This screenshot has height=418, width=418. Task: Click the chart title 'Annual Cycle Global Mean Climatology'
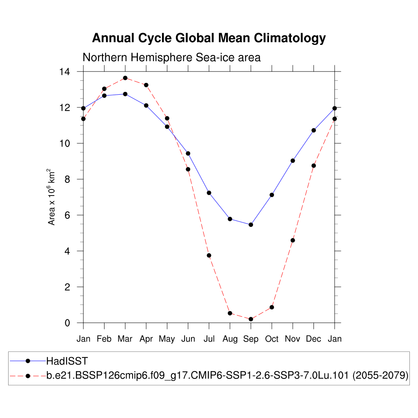tap(209, 38)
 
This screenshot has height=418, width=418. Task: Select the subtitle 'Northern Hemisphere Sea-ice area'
tap(171, 58)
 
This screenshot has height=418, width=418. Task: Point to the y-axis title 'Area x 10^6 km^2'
tap(51, 197)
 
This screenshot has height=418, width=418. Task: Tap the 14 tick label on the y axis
tap(65, 72)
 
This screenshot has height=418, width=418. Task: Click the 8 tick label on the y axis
tap(67, 179)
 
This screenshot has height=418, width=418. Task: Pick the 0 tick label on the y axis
tap(67, 323)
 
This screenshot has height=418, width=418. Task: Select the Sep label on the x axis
tap(251, 339)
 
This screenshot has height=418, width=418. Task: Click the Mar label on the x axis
tap(125, 339)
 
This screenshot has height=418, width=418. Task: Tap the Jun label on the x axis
tap(188, 339)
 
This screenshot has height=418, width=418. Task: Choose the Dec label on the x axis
tap(313, 339)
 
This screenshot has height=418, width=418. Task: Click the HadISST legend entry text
tap(67, 361)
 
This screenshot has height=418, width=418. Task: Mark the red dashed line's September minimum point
tap(251, 319)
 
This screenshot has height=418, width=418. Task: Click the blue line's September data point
tap(251, 225)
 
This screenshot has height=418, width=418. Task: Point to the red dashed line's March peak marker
tap(125, 78)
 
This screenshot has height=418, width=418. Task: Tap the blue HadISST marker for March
tap(125, 94)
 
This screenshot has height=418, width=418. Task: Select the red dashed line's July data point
tap(209, 256)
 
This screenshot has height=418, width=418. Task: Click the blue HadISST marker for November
tap(293, 161)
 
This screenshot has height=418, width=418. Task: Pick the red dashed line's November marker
tap(293, 240)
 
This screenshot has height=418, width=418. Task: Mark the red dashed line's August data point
tap(230, 313)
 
